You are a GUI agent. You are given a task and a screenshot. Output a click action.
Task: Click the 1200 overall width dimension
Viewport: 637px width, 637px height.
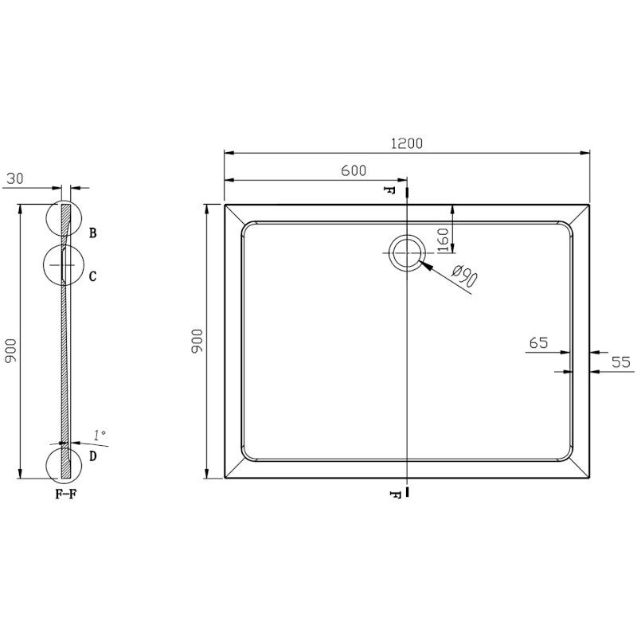407,144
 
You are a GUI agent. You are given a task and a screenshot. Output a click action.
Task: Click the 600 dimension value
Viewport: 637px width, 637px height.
354,170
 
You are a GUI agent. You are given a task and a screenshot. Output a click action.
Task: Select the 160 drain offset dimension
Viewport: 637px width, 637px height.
444,236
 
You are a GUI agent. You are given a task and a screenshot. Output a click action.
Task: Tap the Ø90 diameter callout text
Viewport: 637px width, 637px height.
464,277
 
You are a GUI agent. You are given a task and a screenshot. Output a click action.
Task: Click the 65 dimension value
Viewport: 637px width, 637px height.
538,343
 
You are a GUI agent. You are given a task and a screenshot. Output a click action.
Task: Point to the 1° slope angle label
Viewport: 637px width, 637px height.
100,435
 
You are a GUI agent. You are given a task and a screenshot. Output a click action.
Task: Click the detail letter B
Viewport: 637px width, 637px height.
93,233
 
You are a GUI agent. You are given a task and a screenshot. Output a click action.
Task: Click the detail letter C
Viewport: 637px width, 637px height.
93,276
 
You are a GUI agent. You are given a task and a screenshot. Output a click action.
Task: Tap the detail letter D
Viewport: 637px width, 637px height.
93,456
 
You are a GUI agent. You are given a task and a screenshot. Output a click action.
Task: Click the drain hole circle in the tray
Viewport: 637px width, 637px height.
407,253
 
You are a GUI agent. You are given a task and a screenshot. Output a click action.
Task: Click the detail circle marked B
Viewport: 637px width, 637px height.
64,220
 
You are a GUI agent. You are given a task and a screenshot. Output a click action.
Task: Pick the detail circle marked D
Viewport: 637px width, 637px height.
64,463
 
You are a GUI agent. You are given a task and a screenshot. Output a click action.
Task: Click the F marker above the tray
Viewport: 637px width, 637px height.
389,191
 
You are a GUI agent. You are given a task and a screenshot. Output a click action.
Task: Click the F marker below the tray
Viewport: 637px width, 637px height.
394,494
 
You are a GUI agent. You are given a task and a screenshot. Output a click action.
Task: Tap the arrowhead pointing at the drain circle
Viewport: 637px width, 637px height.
422,264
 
